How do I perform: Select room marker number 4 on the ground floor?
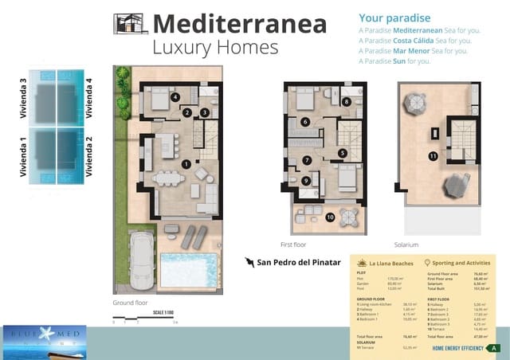(x=175, y=98)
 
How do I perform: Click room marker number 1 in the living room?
(x=186, y=163)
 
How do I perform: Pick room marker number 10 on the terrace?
(x=331, y=217)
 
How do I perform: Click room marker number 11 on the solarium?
(x=433, y=156)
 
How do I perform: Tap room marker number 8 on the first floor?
(x=347, y=101)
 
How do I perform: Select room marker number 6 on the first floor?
(x=306, y=122)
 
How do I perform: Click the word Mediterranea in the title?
(x=239, y=24)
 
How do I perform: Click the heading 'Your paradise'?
(x=394, y=18)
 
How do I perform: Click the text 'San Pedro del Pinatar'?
(x=298, y=262)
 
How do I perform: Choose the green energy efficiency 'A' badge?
(x=495, y=348)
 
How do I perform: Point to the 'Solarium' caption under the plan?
(x=406, y=245)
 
